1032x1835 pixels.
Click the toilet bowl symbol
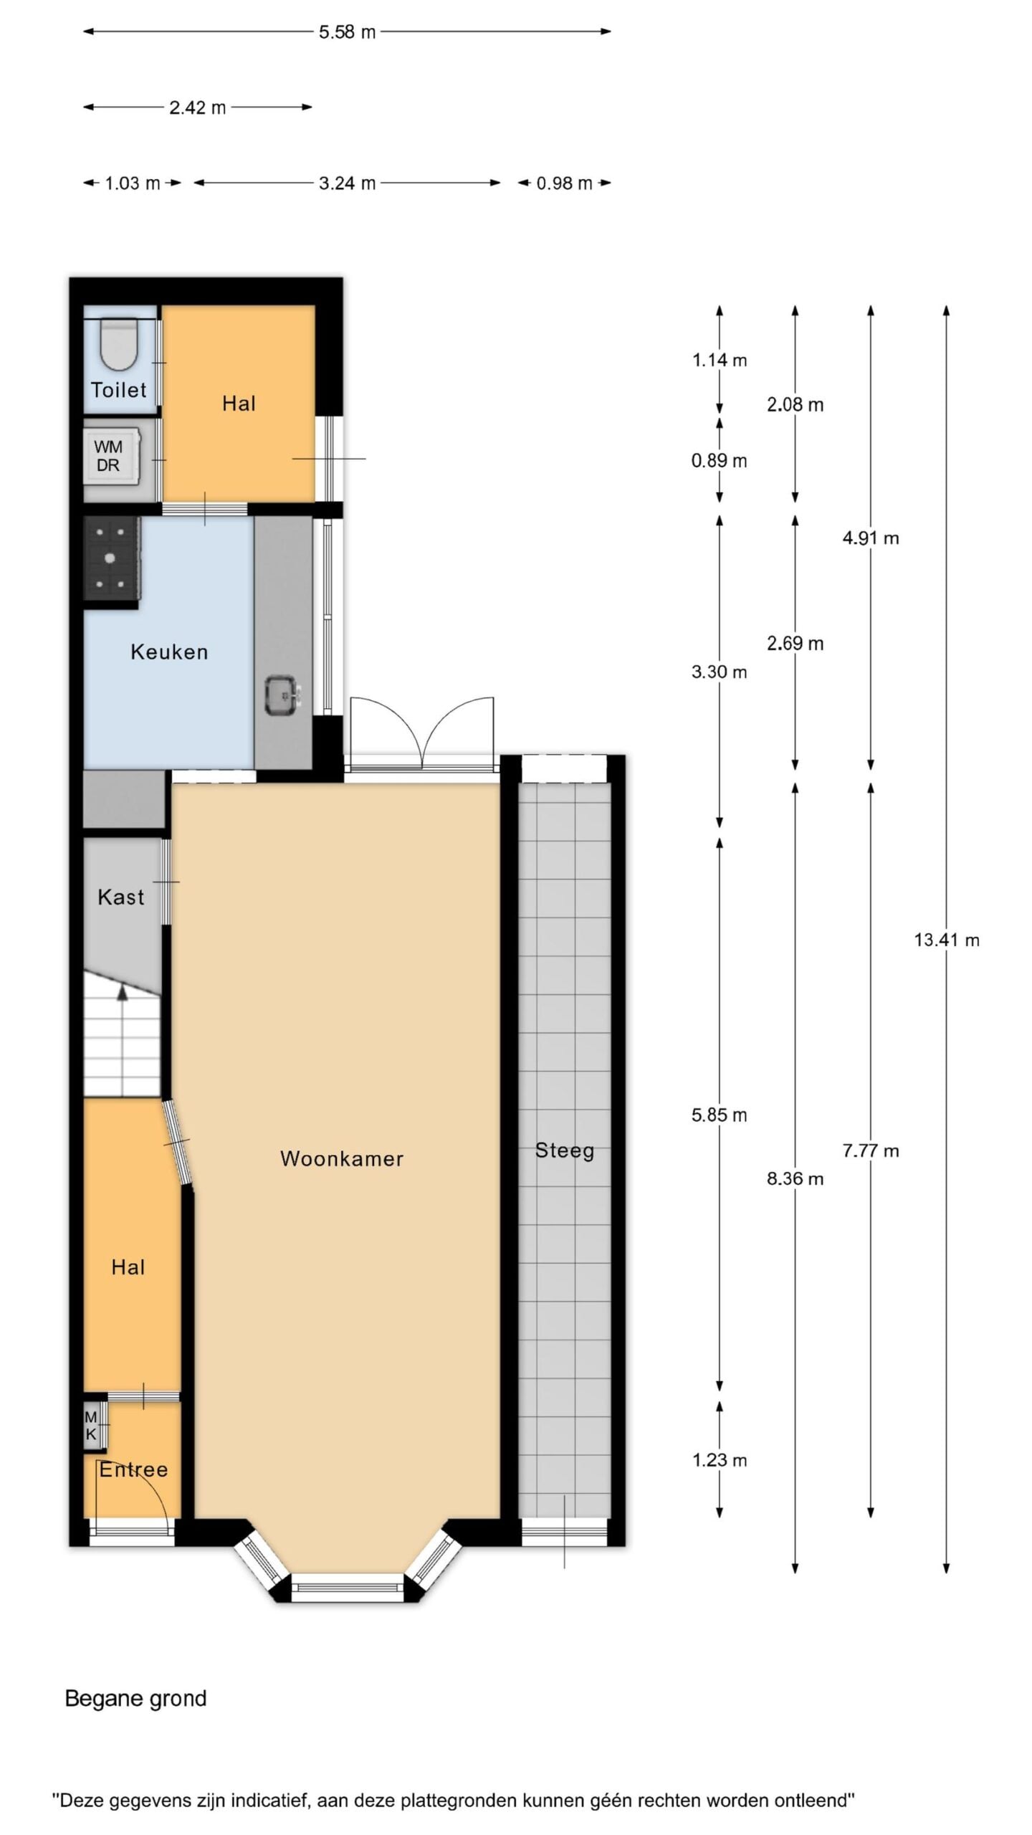click(118, 344)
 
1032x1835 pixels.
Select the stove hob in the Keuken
click(112, 558)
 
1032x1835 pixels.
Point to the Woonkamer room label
click(342, 1158)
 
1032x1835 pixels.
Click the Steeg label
click(565, 1151)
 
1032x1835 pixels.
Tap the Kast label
click(121, 897)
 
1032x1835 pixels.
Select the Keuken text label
click(169, 652)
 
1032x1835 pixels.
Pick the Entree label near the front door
click(133, 1470)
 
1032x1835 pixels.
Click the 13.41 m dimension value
click(946, 940)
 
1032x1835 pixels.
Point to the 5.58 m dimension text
click(348, 32)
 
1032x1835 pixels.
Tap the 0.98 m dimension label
click(565, 183)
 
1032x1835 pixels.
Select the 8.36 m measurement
click(795, 1179)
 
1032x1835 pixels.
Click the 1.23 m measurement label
click(720, 1460)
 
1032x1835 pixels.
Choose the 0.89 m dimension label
click(719, 461)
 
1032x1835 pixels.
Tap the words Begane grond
click(135, 1699)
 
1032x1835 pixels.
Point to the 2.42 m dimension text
click(198, 108)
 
